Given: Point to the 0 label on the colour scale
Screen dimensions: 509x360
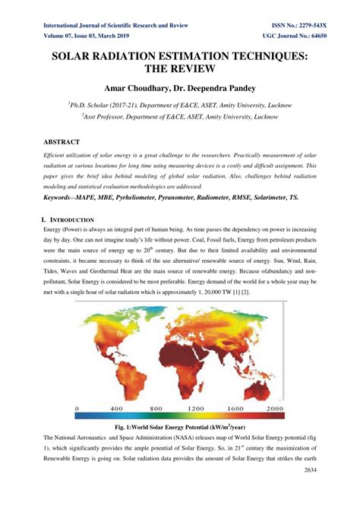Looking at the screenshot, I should point(76,409).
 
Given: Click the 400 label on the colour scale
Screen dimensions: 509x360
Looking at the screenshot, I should point(117,409).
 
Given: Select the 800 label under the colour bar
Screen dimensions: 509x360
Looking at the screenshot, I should point(156,409).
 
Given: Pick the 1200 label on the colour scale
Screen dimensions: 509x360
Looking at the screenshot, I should point(197,409).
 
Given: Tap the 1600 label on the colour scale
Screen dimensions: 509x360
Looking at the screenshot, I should point(237,409).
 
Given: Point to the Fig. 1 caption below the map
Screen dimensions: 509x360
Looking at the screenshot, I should point(180,428).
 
